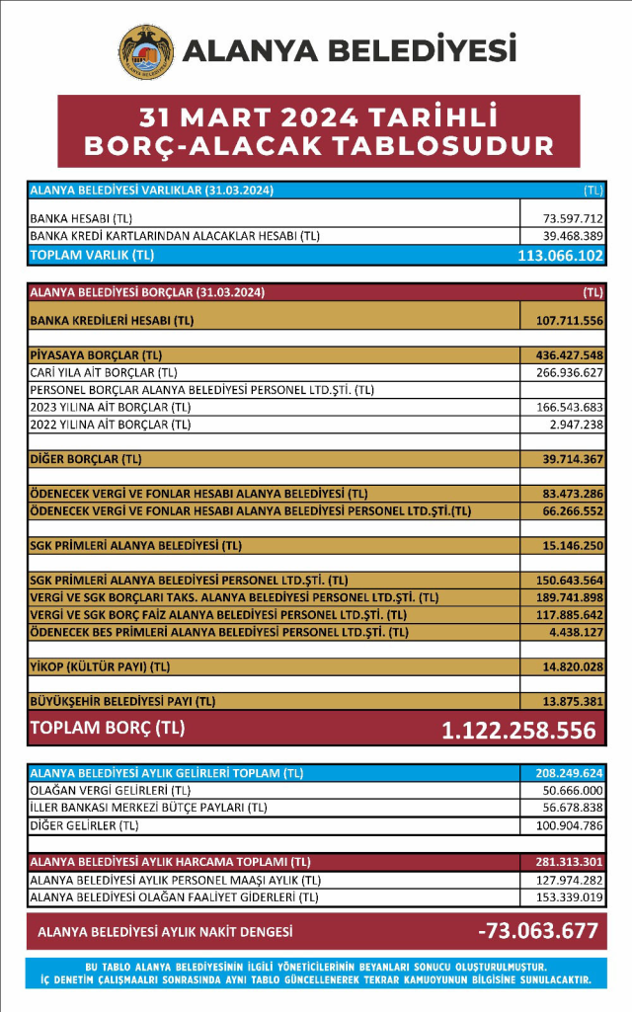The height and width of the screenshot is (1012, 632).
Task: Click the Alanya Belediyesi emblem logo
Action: pos(145,52)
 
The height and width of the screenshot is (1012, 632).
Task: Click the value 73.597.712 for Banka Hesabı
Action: pos(573,217)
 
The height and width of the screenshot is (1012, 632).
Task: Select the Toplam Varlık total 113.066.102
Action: pos(560,255)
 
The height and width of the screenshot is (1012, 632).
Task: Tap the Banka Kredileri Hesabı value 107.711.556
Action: pos(569,321)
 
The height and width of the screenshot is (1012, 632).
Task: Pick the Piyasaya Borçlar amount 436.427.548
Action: pos(569,354)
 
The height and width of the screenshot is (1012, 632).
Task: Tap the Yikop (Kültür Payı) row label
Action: pos(101,667)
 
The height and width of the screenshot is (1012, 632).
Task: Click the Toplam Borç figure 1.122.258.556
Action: pos(518,731)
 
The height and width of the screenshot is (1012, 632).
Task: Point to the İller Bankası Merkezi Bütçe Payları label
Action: pos(148,808)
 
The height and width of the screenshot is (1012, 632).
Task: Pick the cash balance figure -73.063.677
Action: pos(537,931)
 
